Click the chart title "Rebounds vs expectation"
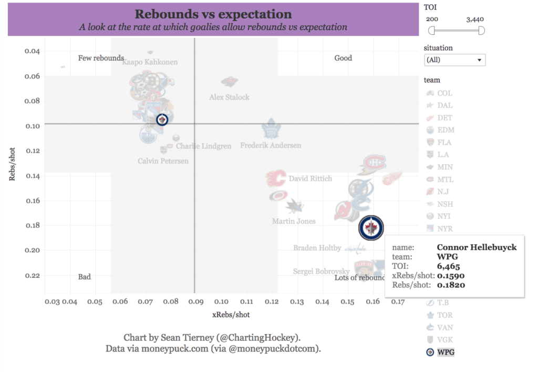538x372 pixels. coord(213,14)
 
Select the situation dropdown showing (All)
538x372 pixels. coord(454,60)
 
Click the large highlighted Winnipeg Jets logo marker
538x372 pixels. coord(371,228)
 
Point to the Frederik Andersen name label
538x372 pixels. coord(271,145)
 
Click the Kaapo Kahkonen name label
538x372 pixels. coord(150,62)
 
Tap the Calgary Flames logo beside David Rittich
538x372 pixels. coord(275,179)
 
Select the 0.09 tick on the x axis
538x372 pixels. coord(195,302)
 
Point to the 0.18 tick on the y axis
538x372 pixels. coord(33,225)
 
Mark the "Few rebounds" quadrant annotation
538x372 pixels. coord(101,58)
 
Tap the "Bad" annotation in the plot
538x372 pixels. coord(84,277)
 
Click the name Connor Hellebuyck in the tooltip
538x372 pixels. coord(477,247)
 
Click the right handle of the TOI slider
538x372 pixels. coord(481,31)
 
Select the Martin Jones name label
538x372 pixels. coord(294,222)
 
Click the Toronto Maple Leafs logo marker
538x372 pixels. coord(271,129)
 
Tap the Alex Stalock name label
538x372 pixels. coord(229,97)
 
